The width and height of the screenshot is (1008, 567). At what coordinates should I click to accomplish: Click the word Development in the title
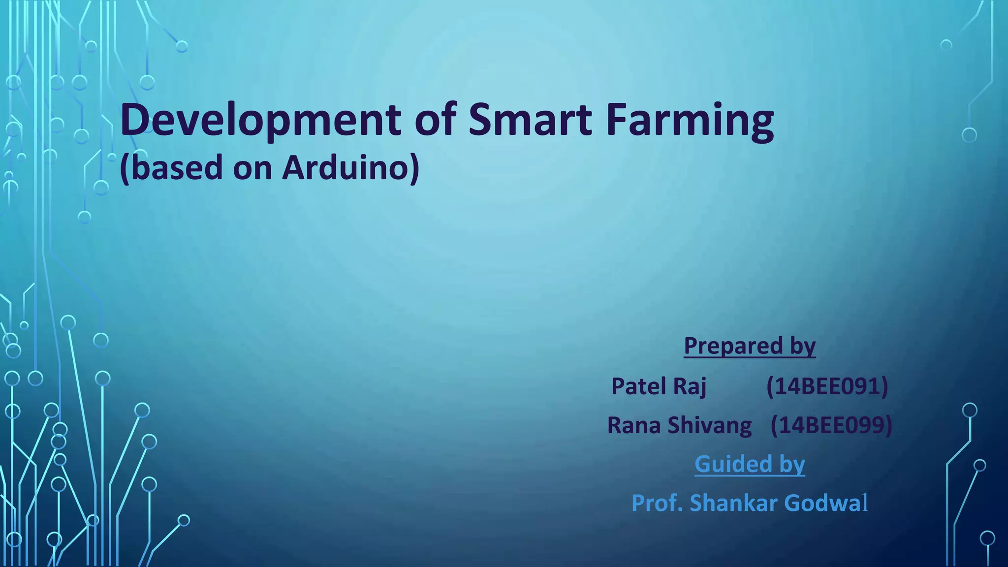[x=260, y=120]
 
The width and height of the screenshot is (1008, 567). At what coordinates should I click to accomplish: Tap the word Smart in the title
[x=530, y=120]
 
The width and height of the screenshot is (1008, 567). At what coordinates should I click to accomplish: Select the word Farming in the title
[x=690, y=120]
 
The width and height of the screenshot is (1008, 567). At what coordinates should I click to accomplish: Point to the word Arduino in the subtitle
[x=350, y=168]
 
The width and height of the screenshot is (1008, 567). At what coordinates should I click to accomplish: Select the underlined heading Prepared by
[x=749, y=346]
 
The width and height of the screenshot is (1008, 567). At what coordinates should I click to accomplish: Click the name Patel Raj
[x=659, y=386]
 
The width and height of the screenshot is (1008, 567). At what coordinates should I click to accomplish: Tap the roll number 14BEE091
[x=827, y=386]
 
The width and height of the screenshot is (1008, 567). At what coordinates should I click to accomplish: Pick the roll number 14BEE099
[x=831, y=425]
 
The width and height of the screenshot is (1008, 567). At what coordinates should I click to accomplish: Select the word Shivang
[x=709, y=425]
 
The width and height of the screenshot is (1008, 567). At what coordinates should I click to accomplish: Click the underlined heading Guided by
[x=749, y=464]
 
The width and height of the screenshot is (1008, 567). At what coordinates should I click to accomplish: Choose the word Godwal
[x=826, y=503]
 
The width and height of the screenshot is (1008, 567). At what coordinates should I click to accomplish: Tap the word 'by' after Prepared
[x=803, y=346]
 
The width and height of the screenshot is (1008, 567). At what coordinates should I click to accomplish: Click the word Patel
[x=638, y=386]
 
